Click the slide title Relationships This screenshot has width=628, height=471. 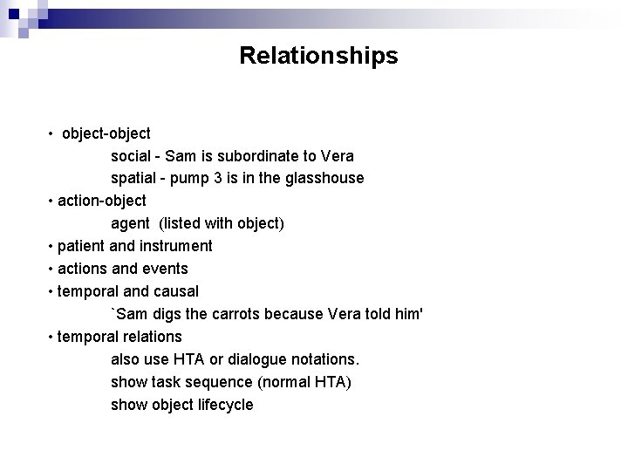pyautogui.click(x=318, y=56)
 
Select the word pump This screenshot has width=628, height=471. pyautogui.click(x=189, y=178)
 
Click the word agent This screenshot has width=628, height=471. pyautogui.click(x=130, y=223)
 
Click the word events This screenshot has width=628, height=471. pyautogui.click(x=166, y=268)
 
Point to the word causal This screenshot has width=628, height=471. pyautogui.click(x=174, y=290)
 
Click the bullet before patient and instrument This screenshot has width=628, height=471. pyautogui.click(x=52, y=246)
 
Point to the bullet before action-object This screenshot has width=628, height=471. pyautogui.click(x=52, y=201)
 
